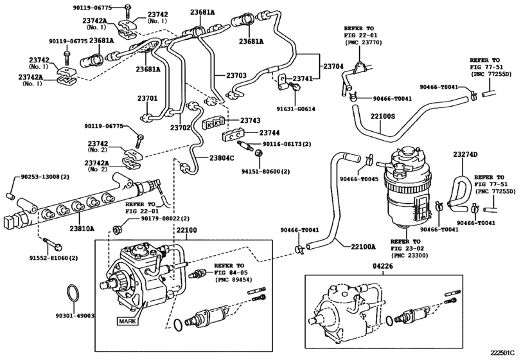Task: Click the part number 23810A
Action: pos(82,228)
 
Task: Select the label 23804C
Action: pos(223,157)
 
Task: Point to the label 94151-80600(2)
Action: pos(265,172)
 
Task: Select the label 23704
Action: pos(333,66)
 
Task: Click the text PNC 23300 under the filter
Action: pos(411,255)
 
